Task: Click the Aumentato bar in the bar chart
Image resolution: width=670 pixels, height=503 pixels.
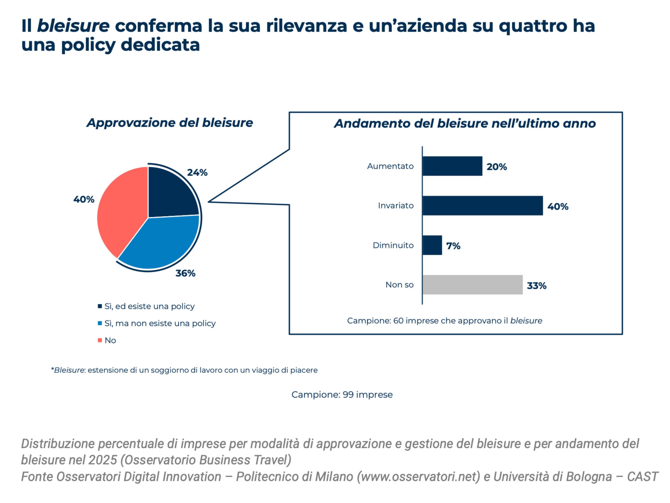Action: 452,166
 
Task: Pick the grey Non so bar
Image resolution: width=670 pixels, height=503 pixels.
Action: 472,285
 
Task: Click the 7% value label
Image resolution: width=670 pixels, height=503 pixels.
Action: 453,246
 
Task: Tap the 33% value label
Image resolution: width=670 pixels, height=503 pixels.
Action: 537,286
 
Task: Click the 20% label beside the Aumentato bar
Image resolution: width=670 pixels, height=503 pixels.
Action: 496,167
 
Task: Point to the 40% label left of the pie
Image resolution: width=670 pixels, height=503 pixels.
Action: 83,200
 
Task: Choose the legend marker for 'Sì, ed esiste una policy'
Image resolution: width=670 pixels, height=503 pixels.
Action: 100,306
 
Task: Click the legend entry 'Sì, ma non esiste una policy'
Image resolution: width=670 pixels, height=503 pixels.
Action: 160,323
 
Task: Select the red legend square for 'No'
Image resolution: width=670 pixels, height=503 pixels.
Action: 100,340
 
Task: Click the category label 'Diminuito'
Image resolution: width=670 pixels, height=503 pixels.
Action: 393,245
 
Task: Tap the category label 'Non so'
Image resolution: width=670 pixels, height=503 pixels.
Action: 399,285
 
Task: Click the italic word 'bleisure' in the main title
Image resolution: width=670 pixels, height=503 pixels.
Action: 73,26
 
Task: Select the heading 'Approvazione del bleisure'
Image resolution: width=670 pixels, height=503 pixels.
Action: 170,123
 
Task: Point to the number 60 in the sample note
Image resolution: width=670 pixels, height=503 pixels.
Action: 398,321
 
